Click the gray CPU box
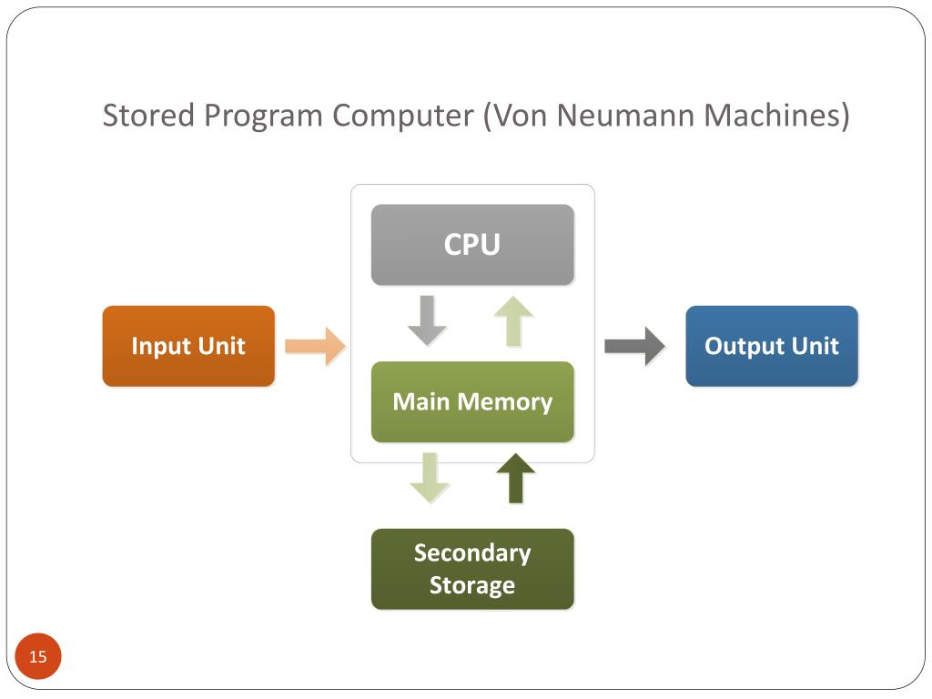[x=472, y=245]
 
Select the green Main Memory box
[x=472, y=401]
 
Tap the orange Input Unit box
[x=188, y=346]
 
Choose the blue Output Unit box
[x=771, y=346]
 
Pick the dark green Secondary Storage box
[x=472, y=569]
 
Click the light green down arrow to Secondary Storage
[x=430, y=478]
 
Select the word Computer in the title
[x=402, y=116]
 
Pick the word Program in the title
[x=264, y=116]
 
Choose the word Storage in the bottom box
[x=472, y=584]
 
